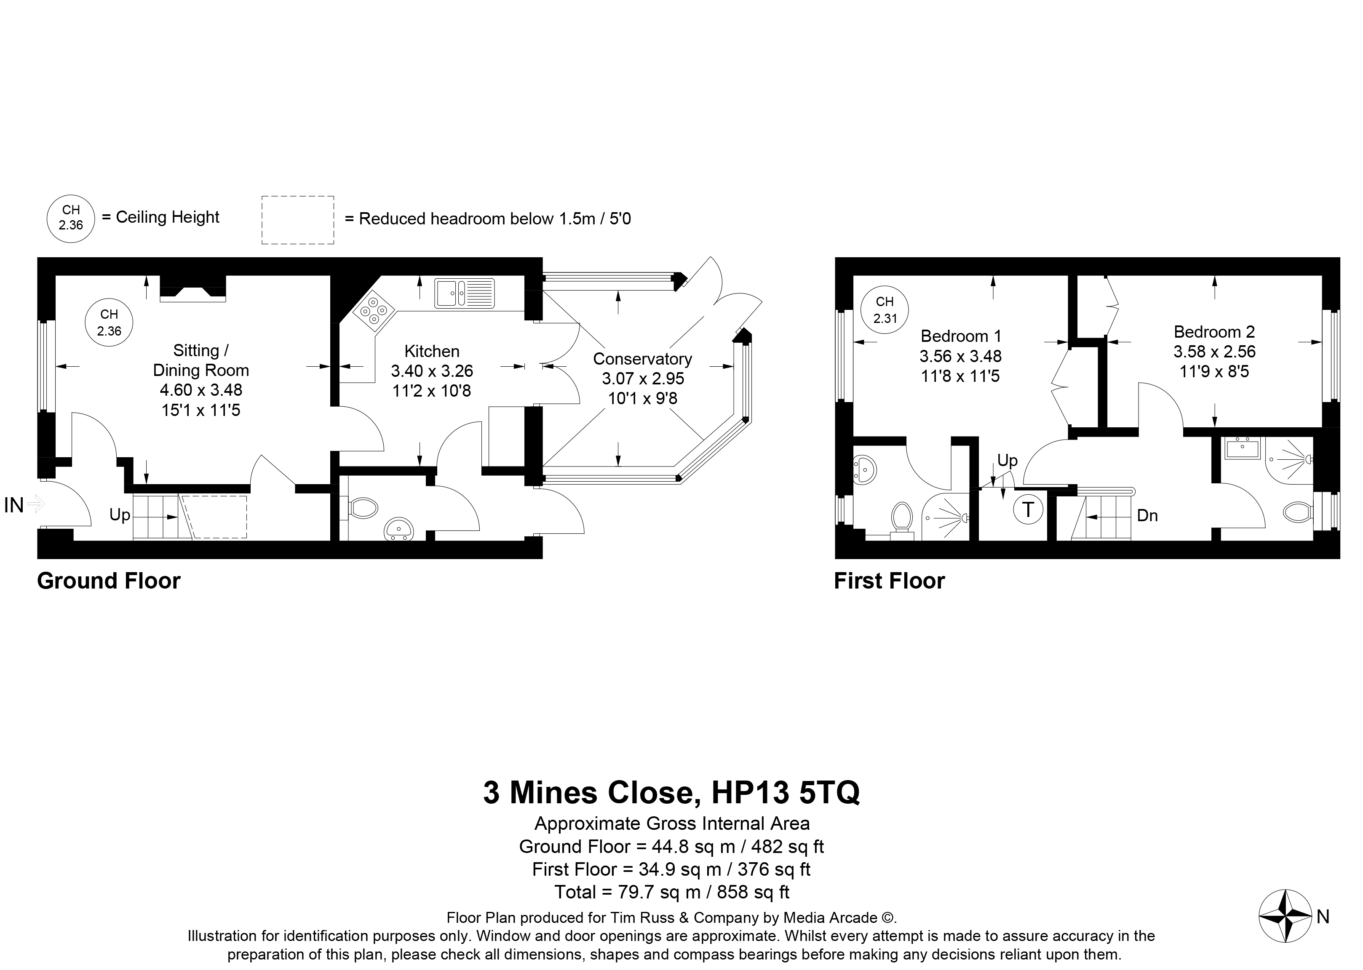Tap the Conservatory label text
pos(642,359)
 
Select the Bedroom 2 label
pos(1214,331)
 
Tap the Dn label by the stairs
pos(1147,515)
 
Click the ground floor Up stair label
pos(120,515)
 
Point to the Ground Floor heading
pos(109,581)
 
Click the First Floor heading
pos(889,581)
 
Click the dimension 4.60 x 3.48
pos(201,390)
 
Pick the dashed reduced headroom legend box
pos(298,220)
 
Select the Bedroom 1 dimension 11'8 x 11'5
pos(960,376)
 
